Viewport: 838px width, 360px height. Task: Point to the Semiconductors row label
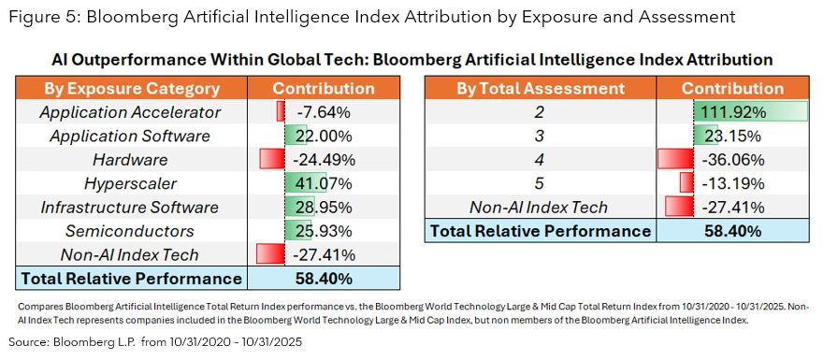[130, 230]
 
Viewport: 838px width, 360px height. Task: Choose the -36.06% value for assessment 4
[726, 159]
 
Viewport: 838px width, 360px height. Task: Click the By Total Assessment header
[540, 89]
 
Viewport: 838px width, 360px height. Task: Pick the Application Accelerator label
[130, 112]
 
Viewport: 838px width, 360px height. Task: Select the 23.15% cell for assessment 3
[726, 136]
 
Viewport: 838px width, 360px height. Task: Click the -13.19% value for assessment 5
[726, 182]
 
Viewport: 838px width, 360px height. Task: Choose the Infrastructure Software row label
[130, 207]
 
